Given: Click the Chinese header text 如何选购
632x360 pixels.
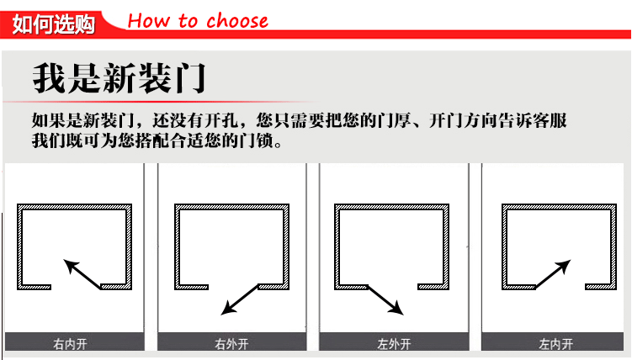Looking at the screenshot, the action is (53, 24).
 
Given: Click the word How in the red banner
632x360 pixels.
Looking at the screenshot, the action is (148, 20).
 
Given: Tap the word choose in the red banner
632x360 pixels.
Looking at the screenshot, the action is (237, 20).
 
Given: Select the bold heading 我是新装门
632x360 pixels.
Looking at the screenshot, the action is (119, 78).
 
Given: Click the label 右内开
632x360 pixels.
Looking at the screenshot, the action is (70, 344).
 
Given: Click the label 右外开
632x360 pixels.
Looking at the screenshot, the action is (231, 344).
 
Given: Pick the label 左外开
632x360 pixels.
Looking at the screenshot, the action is (394, 344).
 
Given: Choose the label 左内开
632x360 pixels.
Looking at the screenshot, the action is (555, 344).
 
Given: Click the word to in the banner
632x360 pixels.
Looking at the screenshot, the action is (188, 21).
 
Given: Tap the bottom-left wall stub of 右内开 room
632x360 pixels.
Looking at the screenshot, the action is (35, 287).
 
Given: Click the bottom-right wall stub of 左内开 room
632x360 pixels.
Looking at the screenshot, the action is (601, 287).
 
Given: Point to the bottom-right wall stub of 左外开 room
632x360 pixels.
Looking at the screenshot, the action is (433, 287).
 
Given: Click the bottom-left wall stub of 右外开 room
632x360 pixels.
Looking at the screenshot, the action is (192, 287).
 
